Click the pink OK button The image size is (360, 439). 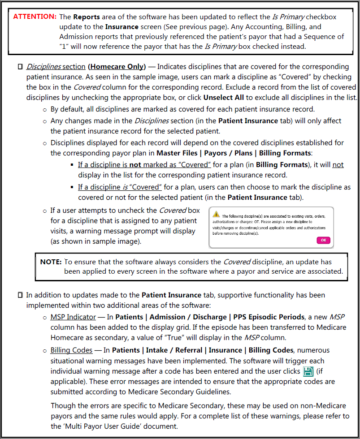[x=323, y=241]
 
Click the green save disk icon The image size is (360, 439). [x=308, y=371]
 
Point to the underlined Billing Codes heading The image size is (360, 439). [x=71, y=350]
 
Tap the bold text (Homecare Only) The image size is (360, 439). [x=117, y=67]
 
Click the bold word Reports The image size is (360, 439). [x=86, y=17]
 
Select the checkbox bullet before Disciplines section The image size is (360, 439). [x=20, y=67]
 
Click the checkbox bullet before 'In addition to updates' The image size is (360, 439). [x=20, y=295]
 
